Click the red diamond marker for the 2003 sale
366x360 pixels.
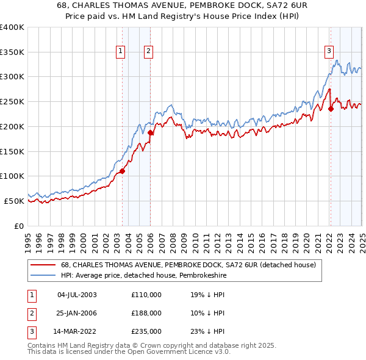(x=122, y=171)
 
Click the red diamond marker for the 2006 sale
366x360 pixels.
(x=151, y=132)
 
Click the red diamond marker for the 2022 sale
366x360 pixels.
(x=331, y=109)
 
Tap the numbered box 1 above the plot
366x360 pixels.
(x=120, y=51)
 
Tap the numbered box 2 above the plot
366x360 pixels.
(x=148, y=51)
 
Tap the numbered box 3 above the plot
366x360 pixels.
(x=329, y=51)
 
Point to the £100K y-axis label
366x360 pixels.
(x=12, y=176)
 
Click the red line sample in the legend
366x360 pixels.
(x=42, y=265)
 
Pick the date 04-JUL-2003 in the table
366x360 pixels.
(x=77, y=295)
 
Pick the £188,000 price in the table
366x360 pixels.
(x=146, y=313)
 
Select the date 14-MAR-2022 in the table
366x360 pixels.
(x=77, y=332)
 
